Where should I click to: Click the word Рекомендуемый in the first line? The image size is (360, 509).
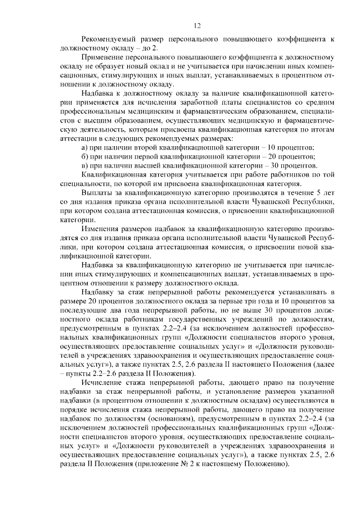109,39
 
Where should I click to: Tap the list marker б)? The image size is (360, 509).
85,156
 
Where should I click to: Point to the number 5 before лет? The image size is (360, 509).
319,192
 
